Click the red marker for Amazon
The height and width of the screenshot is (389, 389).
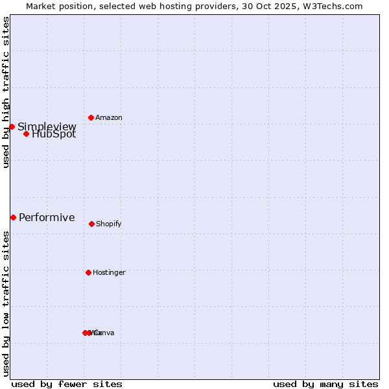click(x=91, y=117)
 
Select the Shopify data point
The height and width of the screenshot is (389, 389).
click(x=91, y=224)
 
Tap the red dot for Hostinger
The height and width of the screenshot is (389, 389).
click(x=88, y=272)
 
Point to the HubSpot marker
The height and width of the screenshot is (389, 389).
click(x=26, y=134)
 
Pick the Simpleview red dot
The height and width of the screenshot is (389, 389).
click(x=12, y=126)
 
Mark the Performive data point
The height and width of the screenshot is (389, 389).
click(x=13, y=217)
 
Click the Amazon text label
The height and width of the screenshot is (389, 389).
click(x=109, y=117)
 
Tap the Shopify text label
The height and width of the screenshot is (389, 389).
click(x=109, y=224)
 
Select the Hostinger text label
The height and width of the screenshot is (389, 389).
click(x=109, y=272)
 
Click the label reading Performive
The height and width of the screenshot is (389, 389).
click(x=47, y=217)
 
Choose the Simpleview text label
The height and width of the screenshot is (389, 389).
click(x=47, y=126)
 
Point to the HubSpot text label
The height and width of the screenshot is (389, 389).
click(x=54, y=135)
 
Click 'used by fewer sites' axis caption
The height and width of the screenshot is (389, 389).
click(x=67, y=384)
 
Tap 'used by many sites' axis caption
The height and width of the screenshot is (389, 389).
click(x=325, y=384)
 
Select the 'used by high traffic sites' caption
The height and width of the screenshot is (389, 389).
click(x=6, y=92)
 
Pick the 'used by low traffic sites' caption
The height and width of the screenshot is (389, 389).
click(x=6, y=303)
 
